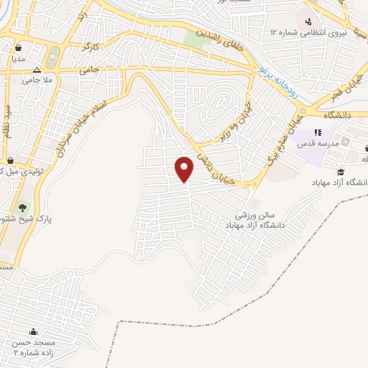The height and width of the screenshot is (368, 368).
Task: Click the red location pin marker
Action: tap(185, 169)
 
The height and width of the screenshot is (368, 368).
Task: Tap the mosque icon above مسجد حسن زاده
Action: tap(33, 331)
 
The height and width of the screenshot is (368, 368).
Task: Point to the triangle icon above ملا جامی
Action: tap(37, 70)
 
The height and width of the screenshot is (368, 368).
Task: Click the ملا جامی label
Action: tap(37, 80)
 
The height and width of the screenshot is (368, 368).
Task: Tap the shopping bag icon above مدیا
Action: tap(19, 48)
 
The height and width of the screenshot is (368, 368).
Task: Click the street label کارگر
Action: tap(91, 47)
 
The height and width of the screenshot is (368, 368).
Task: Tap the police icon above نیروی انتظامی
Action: tap(308, 21)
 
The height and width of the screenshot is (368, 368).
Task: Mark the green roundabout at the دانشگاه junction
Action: tap(302, 111)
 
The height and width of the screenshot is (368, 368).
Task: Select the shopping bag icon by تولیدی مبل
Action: tap(10, 161)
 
